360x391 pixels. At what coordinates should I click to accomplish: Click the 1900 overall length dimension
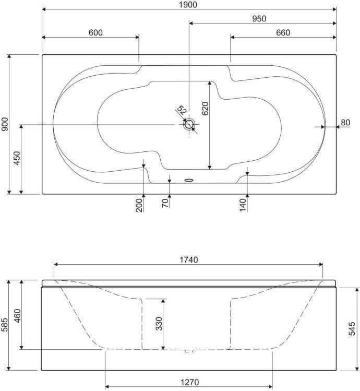pos(188,5)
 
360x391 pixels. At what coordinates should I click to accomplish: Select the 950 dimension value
pos(259,19)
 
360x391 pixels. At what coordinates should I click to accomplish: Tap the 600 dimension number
pos(95,33)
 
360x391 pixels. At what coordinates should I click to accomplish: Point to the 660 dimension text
pos(283,33)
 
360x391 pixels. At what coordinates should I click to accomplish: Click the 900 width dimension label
pos(5,124)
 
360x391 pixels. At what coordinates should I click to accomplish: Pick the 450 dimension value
pos(17,158)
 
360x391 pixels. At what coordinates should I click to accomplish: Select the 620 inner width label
pos(205,109)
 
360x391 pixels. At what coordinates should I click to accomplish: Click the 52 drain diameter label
pos(182,110)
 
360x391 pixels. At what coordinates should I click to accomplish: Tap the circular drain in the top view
pos(189,124)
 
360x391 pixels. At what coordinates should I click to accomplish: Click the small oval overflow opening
pos(189,180)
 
